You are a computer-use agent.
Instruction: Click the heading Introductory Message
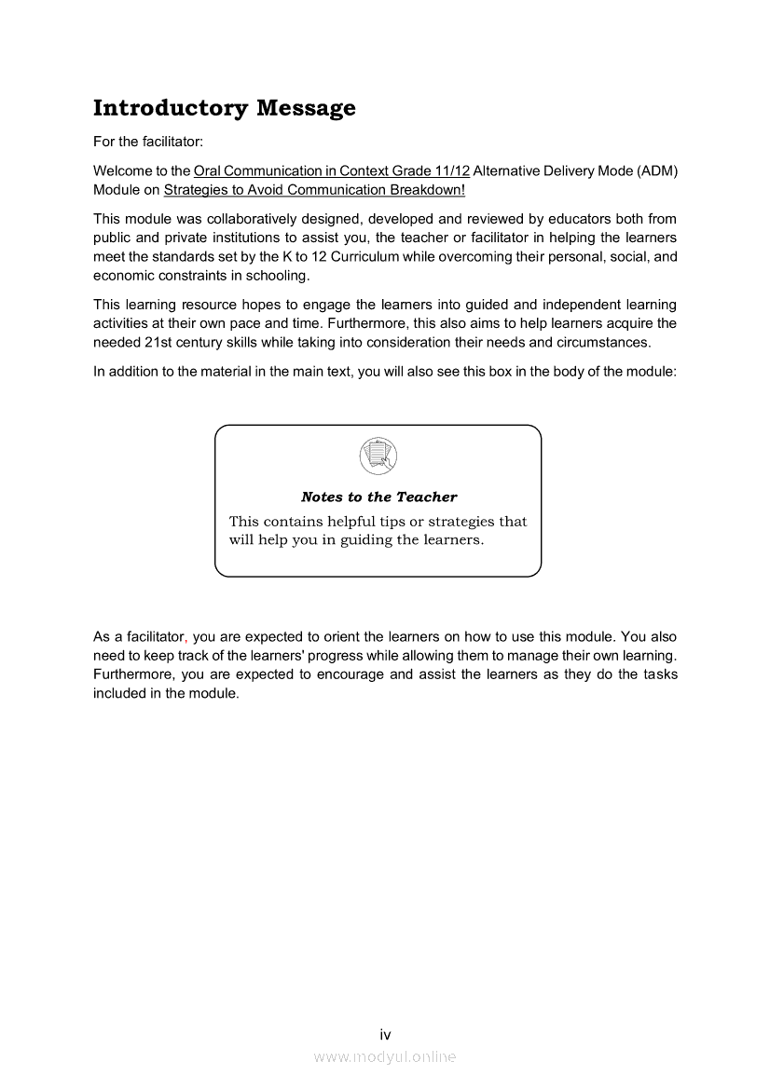(224, 108)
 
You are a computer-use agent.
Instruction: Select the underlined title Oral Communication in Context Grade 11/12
(331, 171)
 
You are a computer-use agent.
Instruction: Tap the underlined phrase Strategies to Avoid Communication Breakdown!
(314, 190)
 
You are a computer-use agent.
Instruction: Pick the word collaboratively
(225, 219)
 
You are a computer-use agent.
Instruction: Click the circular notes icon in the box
(378, 456)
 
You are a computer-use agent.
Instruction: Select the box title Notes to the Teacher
(378, 497)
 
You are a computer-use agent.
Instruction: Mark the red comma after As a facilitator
(187, 639)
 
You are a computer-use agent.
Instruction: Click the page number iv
(385, 1034)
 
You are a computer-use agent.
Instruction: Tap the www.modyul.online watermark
(385, 1056)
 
